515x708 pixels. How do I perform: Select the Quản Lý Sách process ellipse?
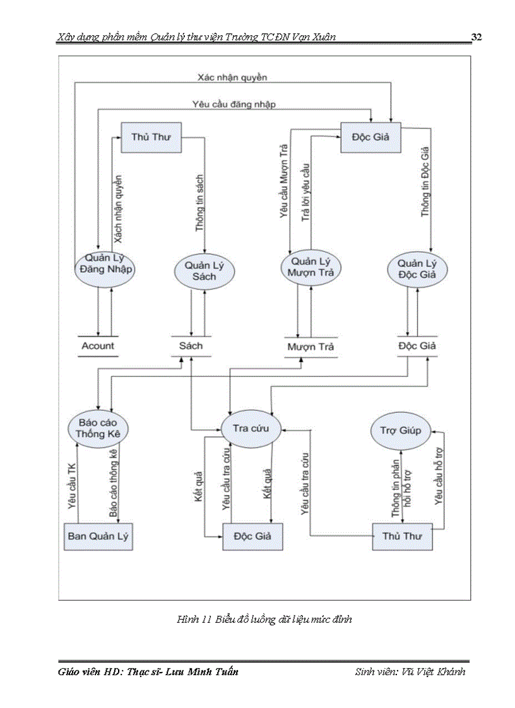pos(199,272)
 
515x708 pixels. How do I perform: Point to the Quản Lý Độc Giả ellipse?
pos(417,270)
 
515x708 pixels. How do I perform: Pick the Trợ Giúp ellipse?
pos(400,431)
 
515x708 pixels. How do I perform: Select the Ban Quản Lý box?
pos(98,537)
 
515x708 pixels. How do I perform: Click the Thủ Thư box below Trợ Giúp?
pos(402,537)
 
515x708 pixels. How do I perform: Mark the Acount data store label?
pos(98,345)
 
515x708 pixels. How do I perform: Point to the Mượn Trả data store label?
pos(310,347)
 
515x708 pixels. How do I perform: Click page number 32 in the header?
pos(477,37)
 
